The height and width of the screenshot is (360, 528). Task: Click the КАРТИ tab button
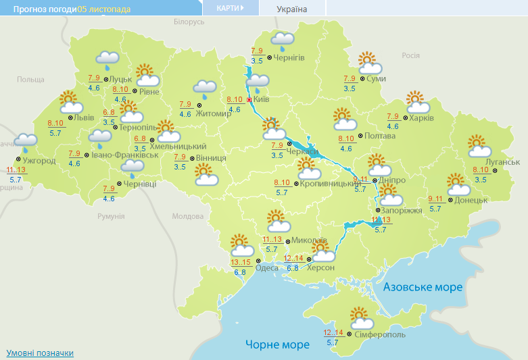pos(231,8)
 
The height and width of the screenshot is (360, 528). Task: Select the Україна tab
pos(292,9)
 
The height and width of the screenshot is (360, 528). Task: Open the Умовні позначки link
pos(40,353)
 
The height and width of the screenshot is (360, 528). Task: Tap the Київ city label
pos(261,100)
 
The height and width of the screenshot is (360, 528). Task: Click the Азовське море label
pos(423,287)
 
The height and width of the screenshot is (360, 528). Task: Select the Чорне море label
pos(277,344)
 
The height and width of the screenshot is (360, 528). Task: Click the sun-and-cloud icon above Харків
pos(417,102)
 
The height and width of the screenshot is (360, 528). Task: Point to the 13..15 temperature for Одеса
pos(240,263)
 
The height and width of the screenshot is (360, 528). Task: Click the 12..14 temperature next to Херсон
pos(294,259)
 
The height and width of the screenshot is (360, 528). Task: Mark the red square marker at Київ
pos(249,100)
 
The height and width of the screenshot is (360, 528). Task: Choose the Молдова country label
pos(187,217)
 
